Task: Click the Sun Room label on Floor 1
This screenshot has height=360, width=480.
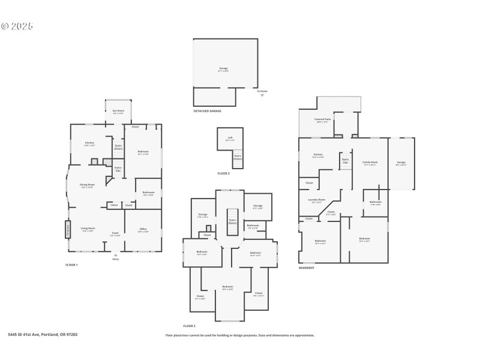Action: point(118,111)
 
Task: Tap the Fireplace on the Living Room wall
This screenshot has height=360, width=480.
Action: point(68,229)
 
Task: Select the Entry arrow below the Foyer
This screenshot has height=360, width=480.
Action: point(115,255)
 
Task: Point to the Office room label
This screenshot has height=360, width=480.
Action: point(143,230)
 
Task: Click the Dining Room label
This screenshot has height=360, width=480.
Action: point(88,185)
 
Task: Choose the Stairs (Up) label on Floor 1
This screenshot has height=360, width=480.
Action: point(118,169)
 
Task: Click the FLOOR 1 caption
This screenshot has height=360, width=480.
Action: point(71,265)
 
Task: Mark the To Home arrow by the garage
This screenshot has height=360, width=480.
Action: point(262,94)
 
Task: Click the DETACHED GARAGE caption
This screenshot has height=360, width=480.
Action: point(207,111)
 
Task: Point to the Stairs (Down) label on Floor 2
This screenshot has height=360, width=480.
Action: point(232,221)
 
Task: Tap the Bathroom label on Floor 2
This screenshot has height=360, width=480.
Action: point(253,226)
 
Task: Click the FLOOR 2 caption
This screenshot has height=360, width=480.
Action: point(190,326)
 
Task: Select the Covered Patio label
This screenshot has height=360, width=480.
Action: point(322,120)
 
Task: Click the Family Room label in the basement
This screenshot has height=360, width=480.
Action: point(370,163)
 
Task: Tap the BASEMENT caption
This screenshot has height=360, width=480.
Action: point(307,268)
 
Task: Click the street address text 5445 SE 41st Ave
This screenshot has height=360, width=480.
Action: point(43,335)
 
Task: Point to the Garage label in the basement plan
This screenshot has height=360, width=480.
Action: point(401,163)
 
